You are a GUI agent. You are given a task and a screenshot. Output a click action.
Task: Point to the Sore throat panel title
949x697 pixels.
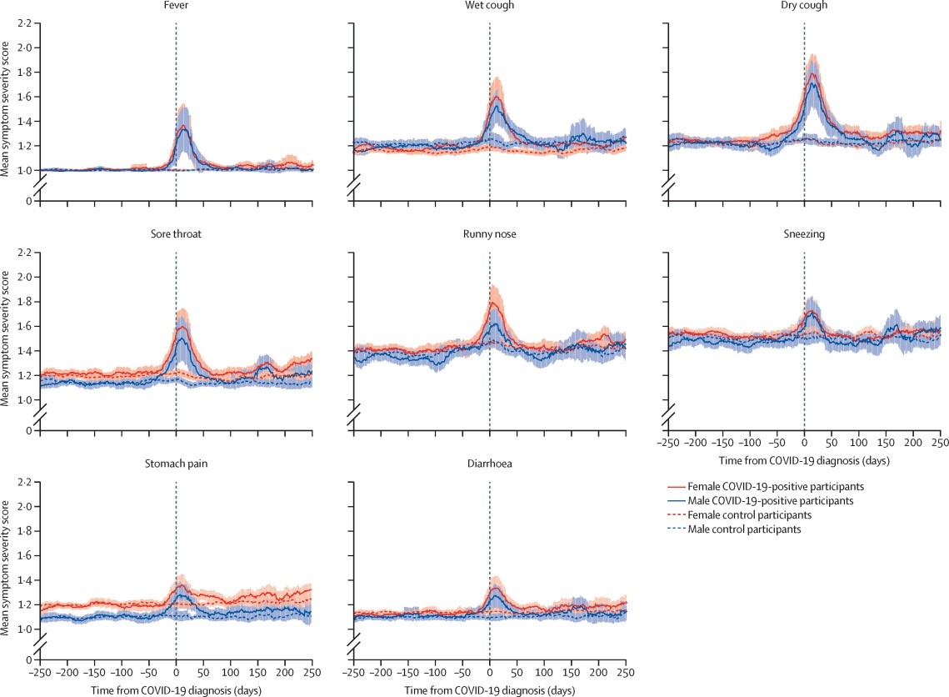click(x=176, y=234)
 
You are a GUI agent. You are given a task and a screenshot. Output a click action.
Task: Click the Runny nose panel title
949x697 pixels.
click(x=489, y=234)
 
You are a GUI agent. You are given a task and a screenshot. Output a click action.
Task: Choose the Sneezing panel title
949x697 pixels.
click(x=803, y=234)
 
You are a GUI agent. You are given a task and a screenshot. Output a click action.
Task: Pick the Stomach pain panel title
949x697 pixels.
click(x=176, y=464)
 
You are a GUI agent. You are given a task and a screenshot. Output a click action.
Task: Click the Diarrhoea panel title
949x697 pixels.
click(x=489, y=464)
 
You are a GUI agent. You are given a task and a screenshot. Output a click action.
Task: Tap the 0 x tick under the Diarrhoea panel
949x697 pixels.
click(x=489, y=669)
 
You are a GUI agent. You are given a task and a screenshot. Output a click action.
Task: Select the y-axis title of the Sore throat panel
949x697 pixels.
click(x=7, y=339)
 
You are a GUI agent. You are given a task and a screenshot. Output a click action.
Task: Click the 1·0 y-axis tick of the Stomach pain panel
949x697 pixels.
click(x=24, y=629)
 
